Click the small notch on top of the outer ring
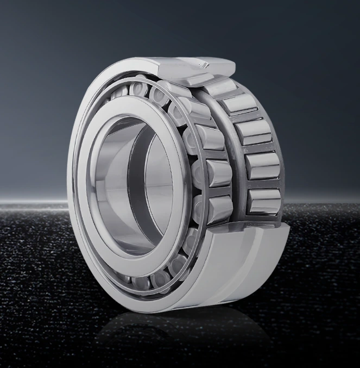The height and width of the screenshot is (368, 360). click(205, 65)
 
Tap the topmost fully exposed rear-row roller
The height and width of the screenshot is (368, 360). click(240, 103)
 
